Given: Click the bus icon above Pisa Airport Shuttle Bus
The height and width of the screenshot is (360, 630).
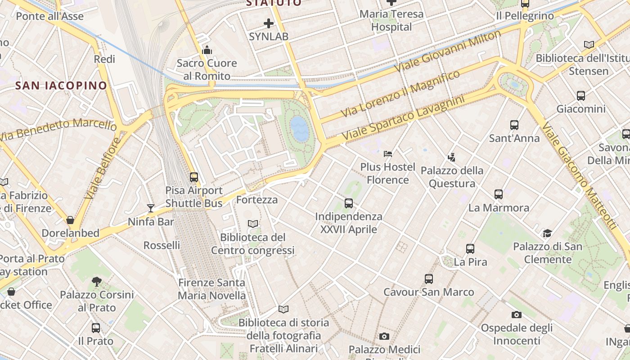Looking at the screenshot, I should coord(194,177).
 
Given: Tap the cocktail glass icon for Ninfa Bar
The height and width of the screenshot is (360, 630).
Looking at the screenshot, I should coord(151,208).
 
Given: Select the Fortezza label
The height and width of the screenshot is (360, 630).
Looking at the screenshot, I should coord(257,199).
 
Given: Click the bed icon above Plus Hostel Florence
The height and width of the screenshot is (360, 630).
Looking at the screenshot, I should coord(388,154).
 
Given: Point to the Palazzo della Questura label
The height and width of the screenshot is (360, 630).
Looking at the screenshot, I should coord(452,177).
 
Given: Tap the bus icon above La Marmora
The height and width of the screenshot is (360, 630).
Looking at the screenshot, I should coord(499,194).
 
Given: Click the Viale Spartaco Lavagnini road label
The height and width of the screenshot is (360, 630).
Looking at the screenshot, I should coord(403,117).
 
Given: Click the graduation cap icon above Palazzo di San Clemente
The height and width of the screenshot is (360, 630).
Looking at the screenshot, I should coord(547,233).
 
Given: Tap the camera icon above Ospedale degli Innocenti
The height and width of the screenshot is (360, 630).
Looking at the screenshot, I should coord(517,315).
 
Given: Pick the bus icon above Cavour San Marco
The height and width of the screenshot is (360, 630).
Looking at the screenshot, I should coord(429,279).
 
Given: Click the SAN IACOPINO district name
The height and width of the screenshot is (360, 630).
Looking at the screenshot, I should coord(61,85).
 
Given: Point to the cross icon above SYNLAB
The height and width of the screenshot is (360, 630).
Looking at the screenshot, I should coord(269,23).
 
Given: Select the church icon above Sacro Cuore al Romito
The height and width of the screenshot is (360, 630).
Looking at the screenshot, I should coord(207,49).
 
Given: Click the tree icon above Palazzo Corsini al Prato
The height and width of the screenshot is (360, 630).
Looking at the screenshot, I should coord(97,282).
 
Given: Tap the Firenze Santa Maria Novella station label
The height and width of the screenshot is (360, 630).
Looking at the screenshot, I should coord(212,289).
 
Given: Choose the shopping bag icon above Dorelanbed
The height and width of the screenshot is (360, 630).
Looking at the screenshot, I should coord(70,220).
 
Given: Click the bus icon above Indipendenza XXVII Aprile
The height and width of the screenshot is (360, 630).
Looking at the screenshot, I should coord(349,203).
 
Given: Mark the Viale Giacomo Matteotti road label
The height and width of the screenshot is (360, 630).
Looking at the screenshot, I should coord(579,175).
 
